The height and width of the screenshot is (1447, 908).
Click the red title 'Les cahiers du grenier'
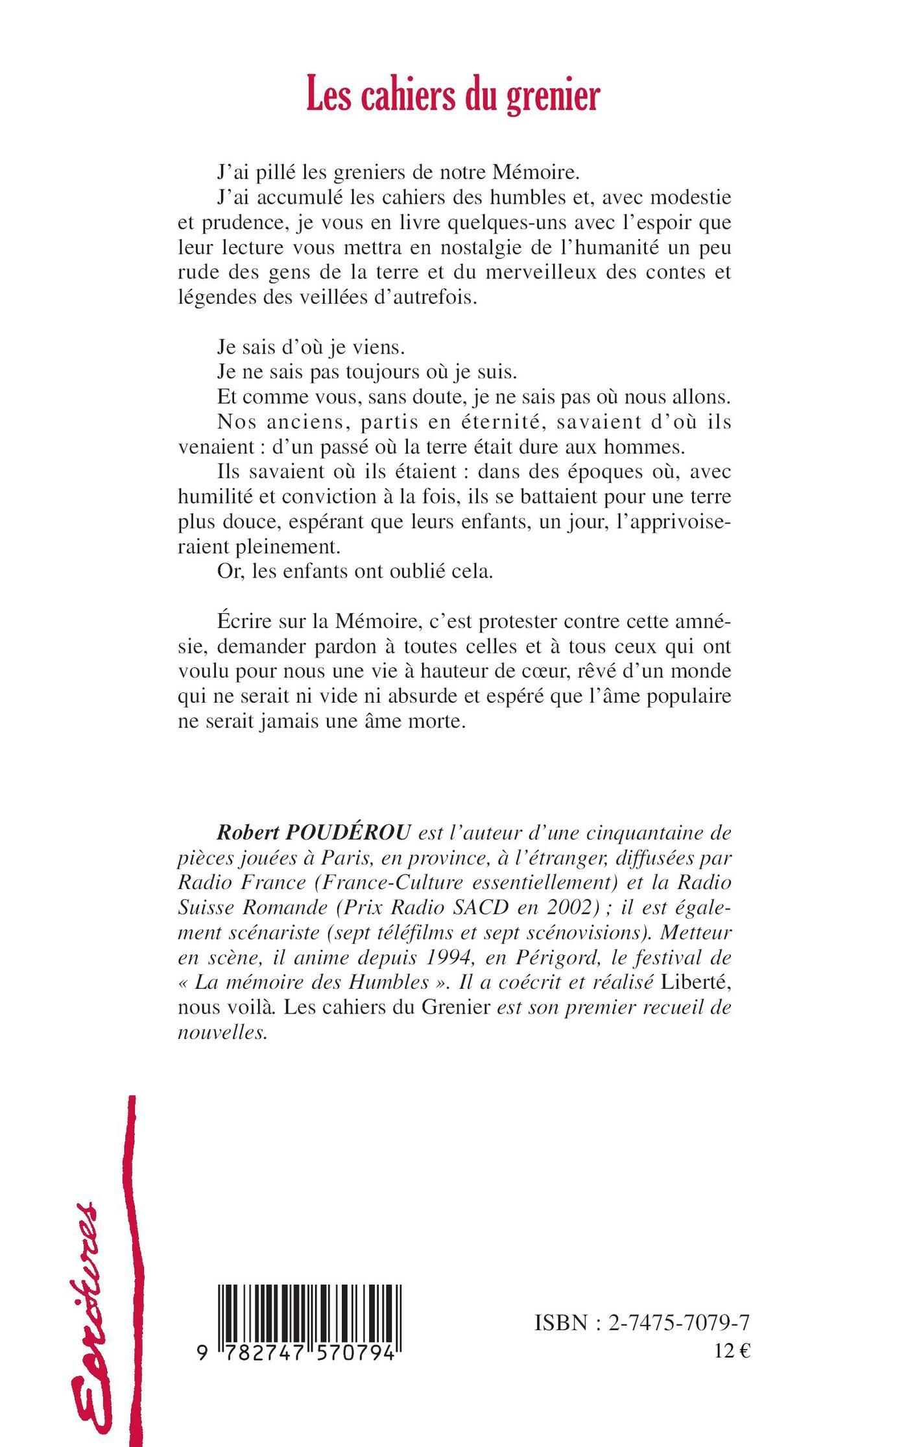tap(453, 97)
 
